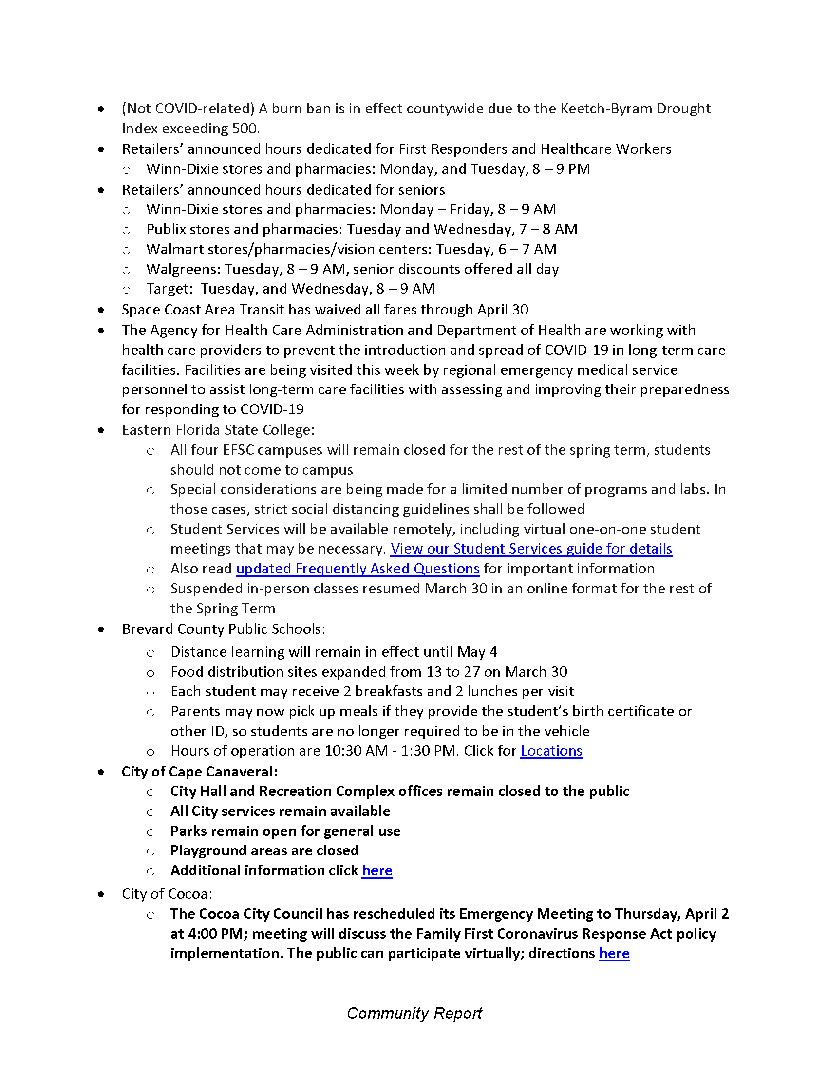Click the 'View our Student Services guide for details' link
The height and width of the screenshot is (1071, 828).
click(x=531, y=549)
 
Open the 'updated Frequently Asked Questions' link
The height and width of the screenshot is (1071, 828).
click(x=358, y=569)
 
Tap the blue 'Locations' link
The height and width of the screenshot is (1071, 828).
click(x=551, y=751)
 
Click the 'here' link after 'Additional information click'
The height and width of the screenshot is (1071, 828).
click(x=376, y=870)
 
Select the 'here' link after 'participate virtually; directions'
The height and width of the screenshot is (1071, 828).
click(x=614, y=953)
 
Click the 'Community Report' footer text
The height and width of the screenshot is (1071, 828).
click(x=414, y=1013)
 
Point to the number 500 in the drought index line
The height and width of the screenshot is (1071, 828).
click(x=245, y=129)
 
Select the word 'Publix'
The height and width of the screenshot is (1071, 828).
click(x=165, y=229)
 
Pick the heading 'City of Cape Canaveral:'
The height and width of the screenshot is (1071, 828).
click(x=199, y=772)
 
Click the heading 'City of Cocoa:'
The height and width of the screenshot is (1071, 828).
click(x=167, y=894)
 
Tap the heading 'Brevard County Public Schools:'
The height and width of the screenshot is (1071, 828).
click(x=223, y=629)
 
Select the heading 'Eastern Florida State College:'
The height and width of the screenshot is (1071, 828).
click(x=218, y=430)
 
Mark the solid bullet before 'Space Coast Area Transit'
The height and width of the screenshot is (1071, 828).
click(x=101, y=310)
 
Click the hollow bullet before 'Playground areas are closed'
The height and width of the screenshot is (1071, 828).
click(x=151, y=852)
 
